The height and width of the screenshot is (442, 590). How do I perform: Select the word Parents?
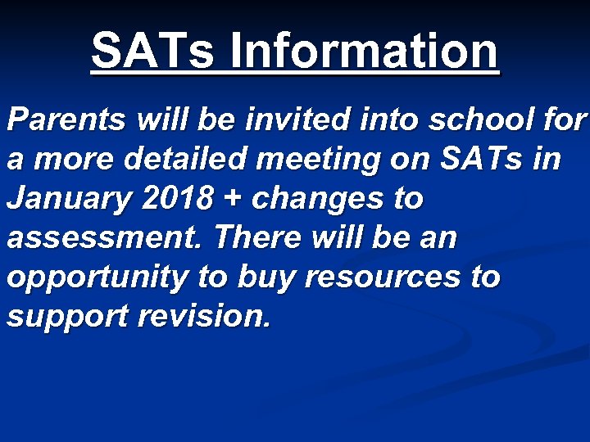pos(66,120)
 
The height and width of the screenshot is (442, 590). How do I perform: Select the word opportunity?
pos(98,278)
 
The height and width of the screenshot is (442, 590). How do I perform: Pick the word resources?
pos(380,278)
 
